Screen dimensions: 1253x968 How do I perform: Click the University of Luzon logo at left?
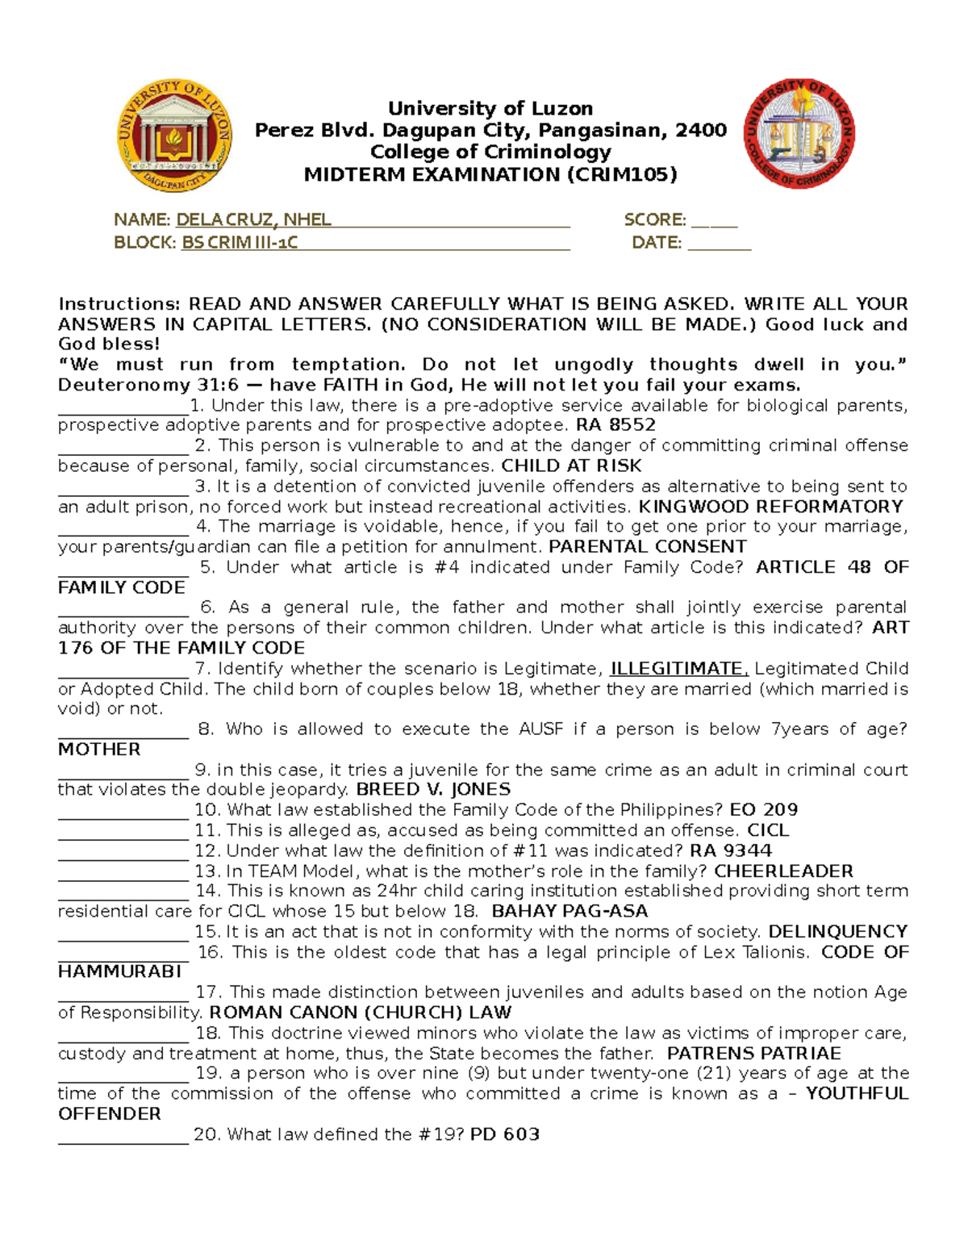(174, 136)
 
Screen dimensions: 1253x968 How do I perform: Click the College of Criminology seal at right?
(799, 134)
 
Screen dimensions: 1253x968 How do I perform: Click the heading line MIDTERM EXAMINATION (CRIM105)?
(490, 174)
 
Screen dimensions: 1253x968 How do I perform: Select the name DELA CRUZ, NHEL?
(253, 219)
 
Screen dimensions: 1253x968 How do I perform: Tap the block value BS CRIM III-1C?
(240, 242)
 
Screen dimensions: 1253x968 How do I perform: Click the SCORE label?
(654, 219)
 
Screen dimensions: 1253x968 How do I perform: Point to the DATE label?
(657, 242)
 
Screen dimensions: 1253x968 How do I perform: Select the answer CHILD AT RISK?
(571, 466)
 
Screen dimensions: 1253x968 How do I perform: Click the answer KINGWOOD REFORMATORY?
(770, 507)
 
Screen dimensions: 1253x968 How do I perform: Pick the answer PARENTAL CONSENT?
(647, 547)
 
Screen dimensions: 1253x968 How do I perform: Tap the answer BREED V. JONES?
(433, 790)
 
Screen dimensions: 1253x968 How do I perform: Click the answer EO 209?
(763, 810)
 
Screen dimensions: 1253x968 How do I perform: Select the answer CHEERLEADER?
(783, 871)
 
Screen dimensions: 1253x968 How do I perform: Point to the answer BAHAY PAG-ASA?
(570, 912)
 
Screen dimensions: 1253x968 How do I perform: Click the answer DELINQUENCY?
(837, 932)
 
